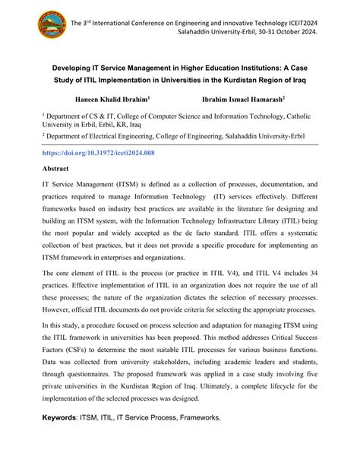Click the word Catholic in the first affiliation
311,118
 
